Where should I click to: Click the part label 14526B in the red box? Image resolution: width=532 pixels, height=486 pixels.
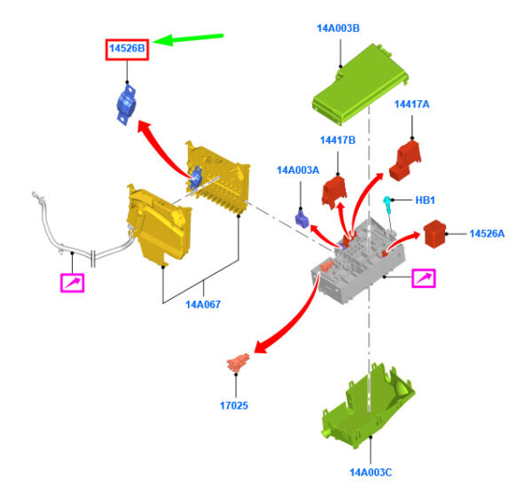click(x=127, y=49)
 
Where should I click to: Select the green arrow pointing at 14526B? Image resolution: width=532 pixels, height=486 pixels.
click(x=188, y=39)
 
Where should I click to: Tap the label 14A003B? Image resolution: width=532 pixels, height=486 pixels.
click(x=338, y=28)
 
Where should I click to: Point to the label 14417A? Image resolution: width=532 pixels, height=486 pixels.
click(x=411, y=104)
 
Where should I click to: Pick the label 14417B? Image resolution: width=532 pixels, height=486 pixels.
click(x=338, y=140)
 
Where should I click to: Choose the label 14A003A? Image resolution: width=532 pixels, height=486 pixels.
click(x=298, y=170)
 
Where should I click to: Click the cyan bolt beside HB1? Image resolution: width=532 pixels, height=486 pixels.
click(x=387, y=205)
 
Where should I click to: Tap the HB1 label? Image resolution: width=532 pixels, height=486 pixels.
click(x=425, y=200)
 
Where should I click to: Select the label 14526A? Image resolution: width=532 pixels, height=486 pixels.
click(x=487, y=234)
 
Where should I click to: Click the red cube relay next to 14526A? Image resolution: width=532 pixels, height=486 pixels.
click(x=434, y=234)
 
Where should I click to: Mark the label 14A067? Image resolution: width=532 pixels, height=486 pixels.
click(x=203, y=304)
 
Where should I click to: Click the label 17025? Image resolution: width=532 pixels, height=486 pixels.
click(x=234, y=405)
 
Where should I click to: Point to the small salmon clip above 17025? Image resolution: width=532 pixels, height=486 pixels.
click(x=239, y=363)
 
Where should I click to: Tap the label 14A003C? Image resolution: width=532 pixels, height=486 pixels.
click(x=371, y=473)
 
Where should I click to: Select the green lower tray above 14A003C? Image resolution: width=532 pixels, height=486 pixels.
click(x=367, y=406)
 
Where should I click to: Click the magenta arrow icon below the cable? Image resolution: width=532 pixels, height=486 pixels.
click(x=73, y=283)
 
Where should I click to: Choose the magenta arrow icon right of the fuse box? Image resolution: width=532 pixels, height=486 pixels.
click(x=424, y=278)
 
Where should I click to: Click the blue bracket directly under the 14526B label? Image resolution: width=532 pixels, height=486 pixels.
click(x=126, y=104)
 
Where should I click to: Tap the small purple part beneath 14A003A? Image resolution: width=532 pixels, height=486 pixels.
click(x=301, y=219)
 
